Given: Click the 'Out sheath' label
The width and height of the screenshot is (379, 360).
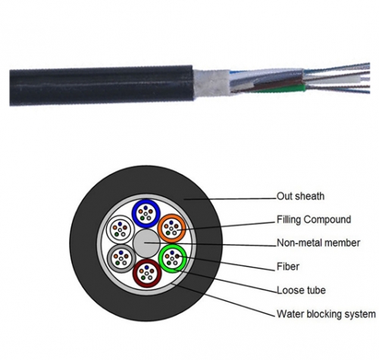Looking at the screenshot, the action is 300,196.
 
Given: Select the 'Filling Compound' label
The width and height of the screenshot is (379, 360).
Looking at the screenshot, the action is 314,220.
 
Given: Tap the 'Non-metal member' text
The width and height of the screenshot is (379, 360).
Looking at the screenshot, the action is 318,243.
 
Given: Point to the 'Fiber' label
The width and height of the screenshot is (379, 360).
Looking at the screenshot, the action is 288,266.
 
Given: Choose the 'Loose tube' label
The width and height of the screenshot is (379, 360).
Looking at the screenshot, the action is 301,290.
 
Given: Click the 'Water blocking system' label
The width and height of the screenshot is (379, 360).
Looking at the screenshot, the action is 326,314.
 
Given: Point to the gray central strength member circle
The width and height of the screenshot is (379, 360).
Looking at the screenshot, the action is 146,243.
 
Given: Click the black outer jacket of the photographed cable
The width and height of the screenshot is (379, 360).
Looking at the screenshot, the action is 101,86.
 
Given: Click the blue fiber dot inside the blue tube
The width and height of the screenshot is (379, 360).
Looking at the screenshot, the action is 146,208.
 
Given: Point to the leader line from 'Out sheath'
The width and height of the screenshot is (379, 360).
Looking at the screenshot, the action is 230,199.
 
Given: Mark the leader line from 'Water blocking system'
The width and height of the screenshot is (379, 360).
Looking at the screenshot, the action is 224,299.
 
